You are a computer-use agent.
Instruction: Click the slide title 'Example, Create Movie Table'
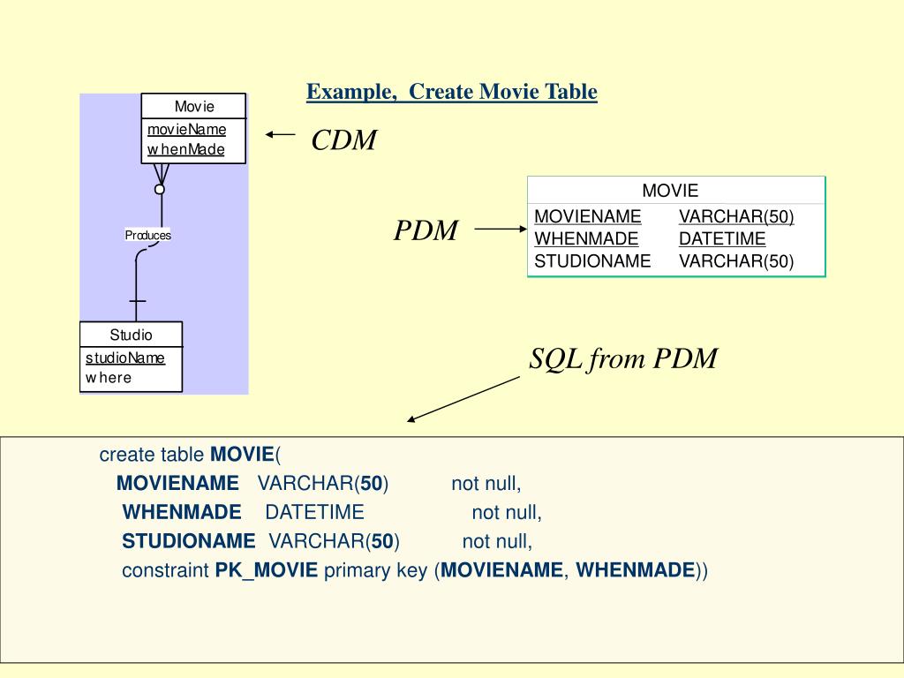click(x=452, y=92)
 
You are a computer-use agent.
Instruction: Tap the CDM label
click(x=344, y=140)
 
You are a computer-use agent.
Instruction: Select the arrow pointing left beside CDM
click(x=280, y=134)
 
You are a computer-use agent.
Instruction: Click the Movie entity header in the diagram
click(x=194, y=107)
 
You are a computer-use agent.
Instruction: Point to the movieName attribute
click(x=186, y=130)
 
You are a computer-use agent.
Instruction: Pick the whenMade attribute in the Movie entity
click(x=185, y=150)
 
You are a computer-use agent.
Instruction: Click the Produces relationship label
click(x=147, y=235)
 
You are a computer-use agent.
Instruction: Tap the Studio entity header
click(x=131, y=335)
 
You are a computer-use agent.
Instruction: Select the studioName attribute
click(x=124, y=358)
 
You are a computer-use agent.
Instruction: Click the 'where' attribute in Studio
click(x=108, y=378)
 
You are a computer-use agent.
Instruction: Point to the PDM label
click(x=426, y=231)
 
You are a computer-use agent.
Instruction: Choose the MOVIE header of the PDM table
click(x=670, y=191)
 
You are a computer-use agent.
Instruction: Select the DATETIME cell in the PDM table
click(x=722, y=239)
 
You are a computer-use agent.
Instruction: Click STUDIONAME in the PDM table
click(x=592, y=261)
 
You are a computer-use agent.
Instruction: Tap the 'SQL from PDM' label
click(x=623, y=359)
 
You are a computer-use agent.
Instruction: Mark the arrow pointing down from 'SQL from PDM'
click(x=463, y=399)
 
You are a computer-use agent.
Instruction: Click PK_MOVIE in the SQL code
click(x=266, y=570)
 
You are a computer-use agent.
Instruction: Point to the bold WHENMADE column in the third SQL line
click(x=182, y=513)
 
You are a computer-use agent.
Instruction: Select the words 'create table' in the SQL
click(x=152, y=456)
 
